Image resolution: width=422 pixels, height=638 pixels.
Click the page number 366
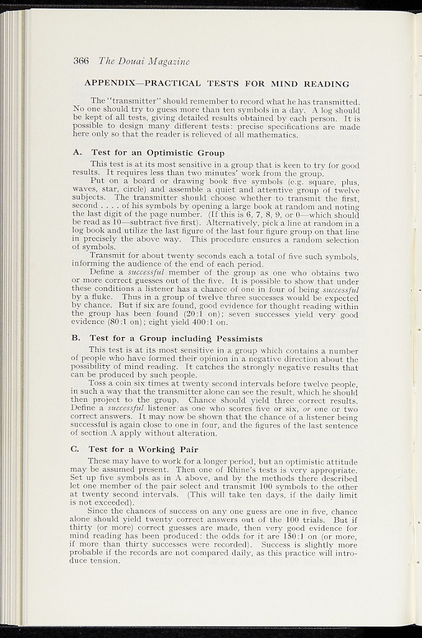point(82,61)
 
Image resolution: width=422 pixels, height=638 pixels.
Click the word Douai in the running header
point(130,61)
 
